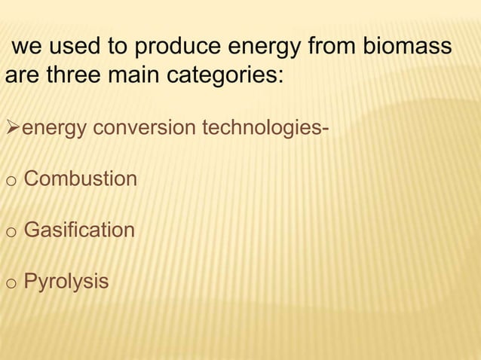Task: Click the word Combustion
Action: tap(81, 179)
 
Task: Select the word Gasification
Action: tap(79, 230)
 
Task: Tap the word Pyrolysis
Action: tap(66, 282)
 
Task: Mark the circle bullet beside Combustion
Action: tap(10, 181)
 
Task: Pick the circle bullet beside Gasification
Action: tap(10, 231)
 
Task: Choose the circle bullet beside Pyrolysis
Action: tap(10, 283)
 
